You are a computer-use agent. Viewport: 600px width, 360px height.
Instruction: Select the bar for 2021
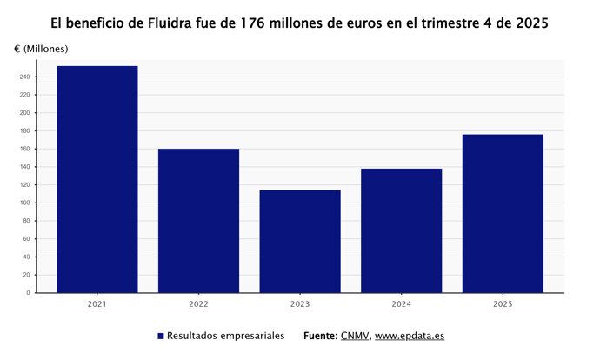[97, 179]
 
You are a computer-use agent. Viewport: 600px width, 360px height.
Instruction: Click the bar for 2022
[198, 221]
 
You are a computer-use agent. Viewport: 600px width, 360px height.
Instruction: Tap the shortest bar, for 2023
[300, 241]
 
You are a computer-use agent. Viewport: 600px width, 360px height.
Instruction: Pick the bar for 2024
[401, 230]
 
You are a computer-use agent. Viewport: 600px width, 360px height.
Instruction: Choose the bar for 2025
[503, 213]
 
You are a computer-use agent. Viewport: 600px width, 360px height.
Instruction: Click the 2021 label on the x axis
[97, 304]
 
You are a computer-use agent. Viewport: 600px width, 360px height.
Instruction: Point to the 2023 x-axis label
[300, 304]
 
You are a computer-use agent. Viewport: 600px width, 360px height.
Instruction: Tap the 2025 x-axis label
[503, 304]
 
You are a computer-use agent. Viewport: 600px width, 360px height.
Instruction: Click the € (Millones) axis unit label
[41, 49]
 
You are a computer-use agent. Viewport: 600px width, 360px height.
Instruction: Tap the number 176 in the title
[247, 23]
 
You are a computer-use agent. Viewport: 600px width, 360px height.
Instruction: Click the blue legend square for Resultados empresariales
[161, 336]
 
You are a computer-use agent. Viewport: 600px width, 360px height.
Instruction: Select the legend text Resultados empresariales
[225, 336]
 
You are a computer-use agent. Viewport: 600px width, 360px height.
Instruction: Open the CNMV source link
[354, 336]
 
